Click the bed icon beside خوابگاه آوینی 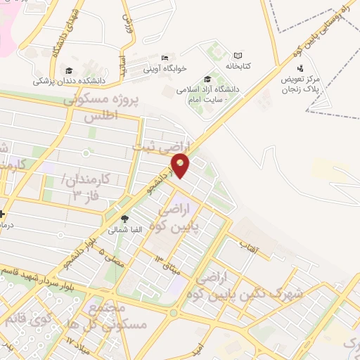[165, 58]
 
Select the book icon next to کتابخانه [238, 56]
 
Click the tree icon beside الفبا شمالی [124, 219]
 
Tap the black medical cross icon [3, 214]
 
